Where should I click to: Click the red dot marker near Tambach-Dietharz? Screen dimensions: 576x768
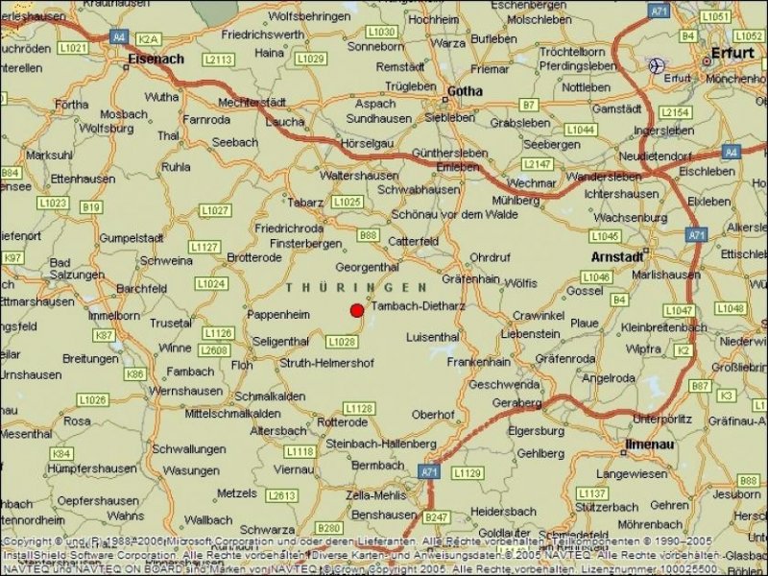point(356,310)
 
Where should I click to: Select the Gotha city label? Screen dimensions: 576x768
point(466,91)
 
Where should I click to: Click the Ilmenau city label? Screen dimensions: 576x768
point(650,444)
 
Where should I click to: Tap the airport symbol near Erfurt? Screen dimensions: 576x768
point(657,65)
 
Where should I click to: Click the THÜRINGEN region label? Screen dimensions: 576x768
point(356,287)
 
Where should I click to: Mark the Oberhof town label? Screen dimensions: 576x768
point(433,414)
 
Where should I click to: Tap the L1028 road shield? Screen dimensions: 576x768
point(342,341)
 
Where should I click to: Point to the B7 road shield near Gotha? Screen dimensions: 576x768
point(528,104)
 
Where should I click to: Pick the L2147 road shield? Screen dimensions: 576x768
point(539,164)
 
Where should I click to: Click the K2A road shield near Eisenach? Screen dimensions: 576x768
point(148,39)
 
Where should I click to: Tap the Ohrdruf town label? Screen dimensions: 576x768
point(491,257)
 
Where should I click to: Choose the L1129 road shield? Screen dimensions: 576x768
point(467,472)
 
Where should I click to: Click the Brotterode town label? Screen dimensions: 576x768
point(254,257)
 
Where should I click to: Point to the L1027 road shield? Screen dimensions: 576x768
point(215,210)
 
